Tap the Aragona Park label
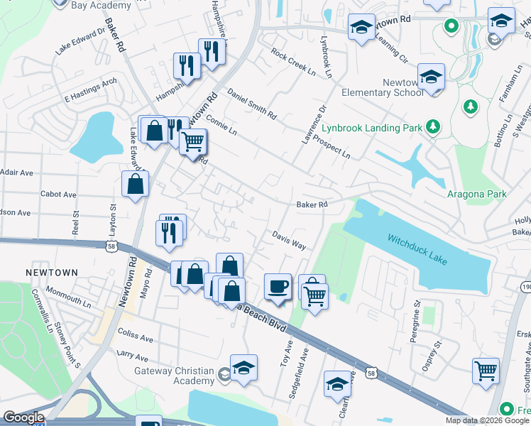(476, 194)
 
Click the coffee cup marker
(278, 287)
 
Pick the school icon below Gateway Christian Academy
(243, 368)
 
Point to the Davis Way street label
(289, 239)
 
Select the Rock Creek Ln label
(292, 61)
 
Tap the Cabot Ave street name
(59, 194)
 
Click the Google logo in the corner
(23, 417)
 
